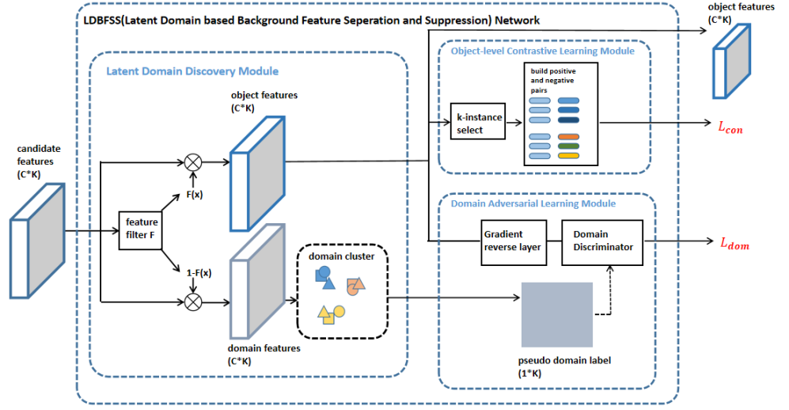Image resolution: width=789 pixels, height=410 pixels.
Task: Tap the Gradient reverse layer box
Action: (512, 240)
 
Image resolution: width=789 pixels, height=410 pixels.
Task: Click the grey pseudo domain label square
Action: (557, 315)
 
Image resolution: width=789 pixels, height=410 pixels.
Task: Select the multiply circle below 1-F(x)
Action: (192, 299)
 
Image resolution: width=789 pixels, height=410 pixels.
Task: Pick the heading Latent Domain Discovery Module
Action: (192, 71)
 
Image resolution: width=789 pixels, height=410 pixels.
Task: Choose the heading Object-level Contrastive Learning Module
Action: (542, 51)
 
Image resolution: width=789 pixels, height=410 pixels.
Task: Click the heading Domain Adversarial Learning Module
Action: (533, 203)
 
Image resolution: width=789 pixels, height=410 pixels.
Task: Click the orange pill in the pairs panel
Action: (568, 137)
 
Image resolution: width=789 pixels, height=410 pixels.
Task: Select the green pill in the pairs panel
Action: (568, 146)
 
